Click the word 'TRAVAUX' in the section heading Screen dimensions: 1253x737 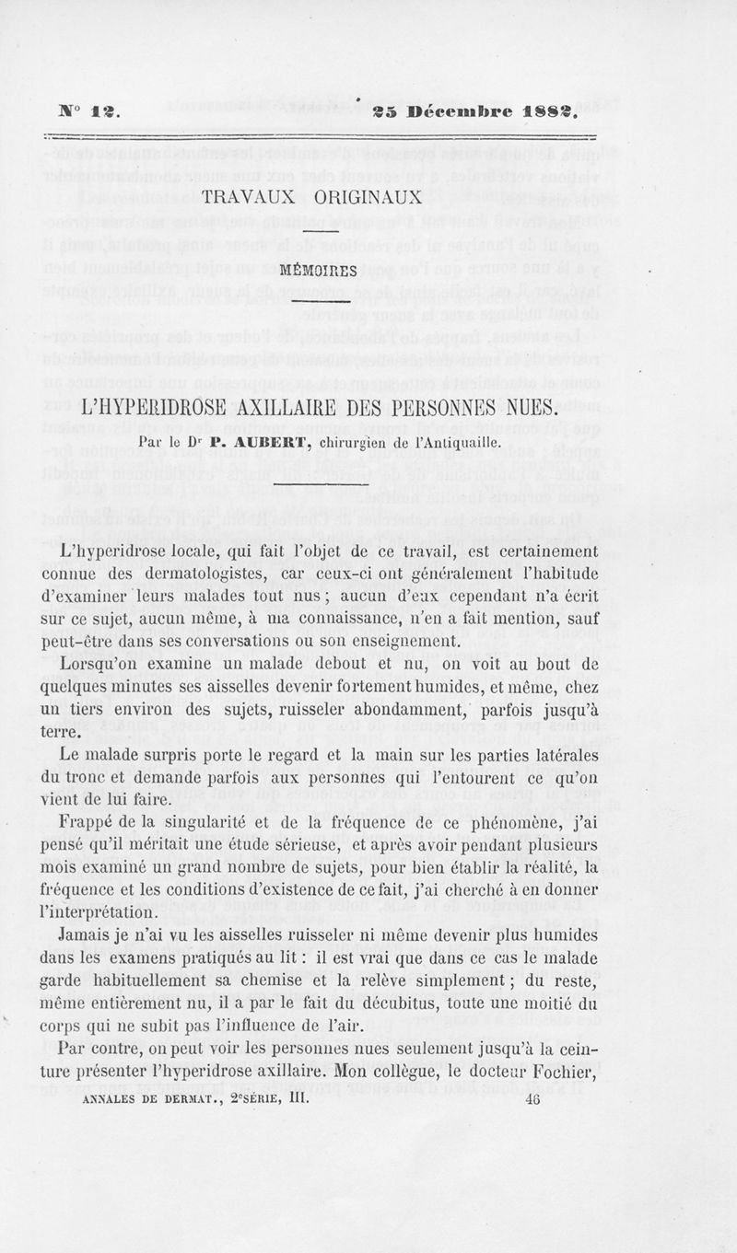click(247, 197)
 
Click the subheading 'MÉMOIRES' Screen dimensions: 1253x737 click(311, 272)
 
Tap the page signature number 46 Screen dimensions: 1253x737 click(532, 1097)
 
